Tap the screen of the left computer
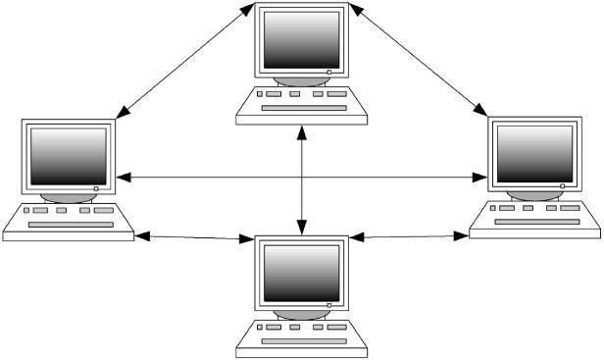click(68, 156)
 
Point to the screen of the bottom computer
click(301, 272)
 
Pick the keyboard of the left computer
click(69, 221)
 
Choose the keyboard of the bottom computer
click(301, 336)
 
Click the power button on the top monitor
click(330, 72)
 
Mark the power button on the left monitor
click(97, 186)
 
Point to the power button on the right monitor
click(563, 183)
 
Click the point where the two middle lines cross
click(301, 177)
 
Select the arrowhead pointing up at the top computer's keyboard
click(301, 129)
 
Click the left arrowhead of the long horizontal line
click(123, 177)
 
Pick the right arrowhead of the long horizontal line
click(480, 177)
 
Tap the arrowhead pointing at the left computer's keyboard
click(141, 236)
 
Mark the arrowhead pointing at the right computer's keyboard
click(463, 234)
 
